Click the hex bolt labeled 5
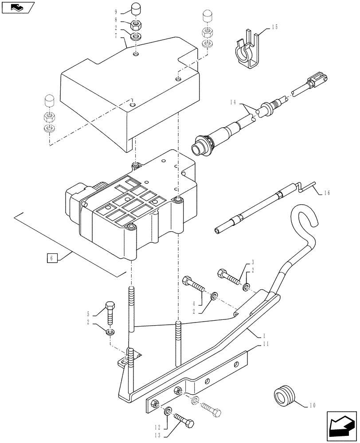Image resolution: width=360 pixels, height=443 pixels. click(x=110, y=313)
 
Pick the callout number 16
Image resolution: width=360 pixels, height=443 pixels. click(x=327, y=193)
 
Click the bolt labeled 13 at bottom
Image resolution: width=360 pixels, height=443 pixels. click(x=183, y=419)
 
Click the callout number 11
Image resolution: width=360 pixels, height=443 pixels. click(x=265, y=344)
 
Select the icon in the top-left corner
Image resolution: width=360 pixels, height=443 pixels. click(x=17, y=6)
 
